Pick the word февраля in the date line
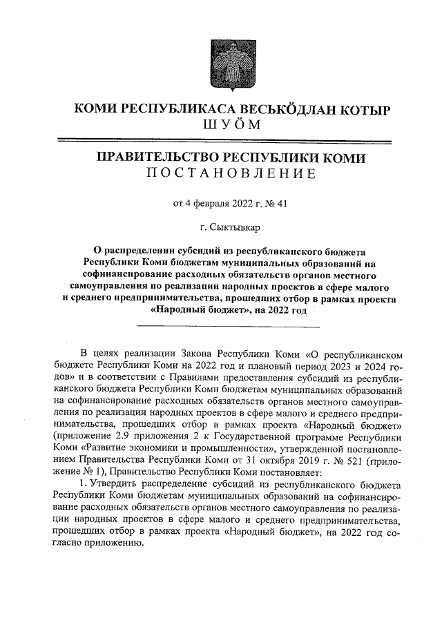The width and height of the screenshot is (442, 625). point(206,203)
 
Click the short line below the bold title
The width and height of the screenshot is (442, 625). point(231,323)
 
